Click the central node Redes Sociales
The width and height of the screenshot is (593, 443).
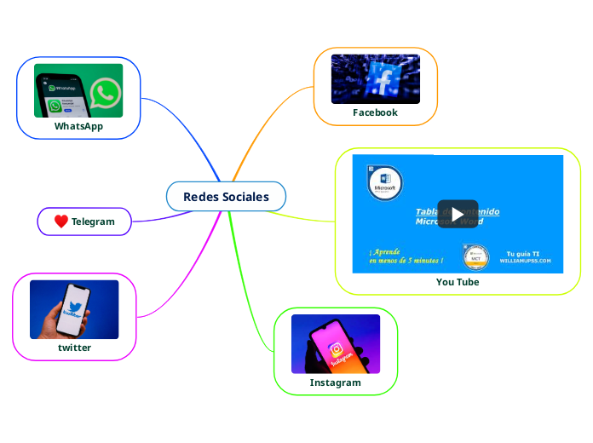pos(226,197)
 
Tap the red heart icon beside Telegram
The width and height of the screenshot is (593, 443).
pos(60,221)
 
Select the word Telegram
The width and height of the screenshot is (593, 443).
pos(92,221)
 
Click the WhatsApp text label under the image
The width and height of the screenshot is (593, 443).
pos(78,126)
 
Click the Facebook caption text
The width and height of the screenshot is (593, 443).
pos(375,112)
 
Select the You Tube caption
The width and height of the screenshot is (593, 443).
pos(458,282)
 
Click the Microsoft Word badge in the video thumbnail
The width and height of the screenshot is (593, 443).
pos(385,182)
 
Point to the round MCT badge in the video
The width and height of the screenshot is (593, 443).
pos(475,256)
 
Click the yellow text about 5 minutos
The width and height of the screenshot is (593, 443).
pos(406,256)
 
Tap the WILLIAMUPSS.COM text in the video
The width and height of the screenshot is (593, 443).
pos(525,261)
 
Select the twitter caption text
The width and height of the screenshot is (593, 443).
pos(74,348)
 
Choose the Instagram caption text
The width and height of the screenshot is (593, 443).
pos(335,383)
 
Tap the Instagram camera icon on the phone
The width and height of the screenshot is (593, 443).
pos(337,349)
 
